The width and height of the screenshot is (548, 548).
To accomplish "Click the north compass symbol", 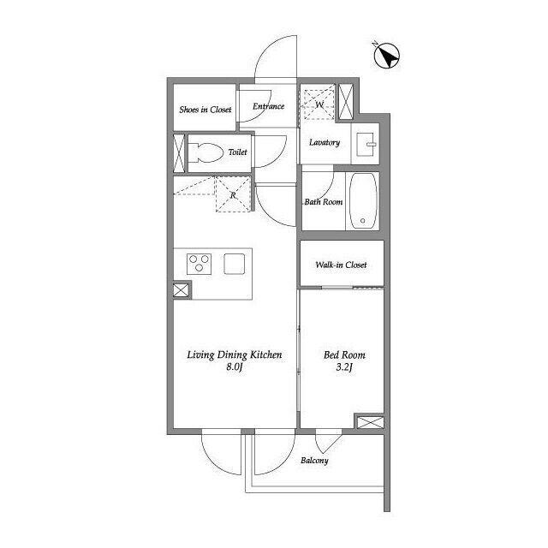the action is (x=386, y=56).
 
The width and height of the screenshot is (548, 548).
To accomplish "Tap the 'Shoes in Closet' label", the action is (x=205, y=110).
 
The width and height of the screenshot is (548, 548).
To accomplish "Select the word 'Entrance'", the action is (x=268, y=106).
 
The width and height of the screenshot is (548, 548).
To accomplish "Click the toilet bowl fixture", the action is (x=207, y=152).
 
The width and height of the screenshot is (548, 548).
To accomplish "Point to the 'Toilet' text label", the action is (x=238, y=152).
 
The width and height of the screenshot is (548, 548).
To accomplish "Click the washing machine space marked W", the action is (x=319, y=104).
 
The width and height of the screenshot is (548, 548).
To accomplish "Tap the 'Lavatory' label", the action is (x=325, y=143).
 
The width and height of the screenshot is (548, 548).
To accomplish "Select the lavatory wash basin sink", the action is (x=366, y=144).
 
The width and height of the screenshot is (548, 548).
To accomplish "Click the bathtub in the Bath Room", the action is (x=363, y=200).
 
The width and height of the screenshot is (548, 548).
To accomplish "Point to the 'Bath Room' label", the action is (x=324, y=202).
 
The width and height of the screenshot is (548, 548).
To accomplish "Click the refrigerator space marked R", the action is (x=233, y=194).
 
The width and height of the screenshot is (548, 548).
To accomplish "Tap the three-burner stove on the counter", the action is (x=199, y=264).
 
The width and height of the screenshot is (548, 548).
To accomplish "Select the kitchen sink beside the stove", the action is (x=234, y=264).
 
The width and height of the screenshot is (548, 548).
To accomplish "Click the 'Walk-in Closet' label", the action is (x=341, y=265).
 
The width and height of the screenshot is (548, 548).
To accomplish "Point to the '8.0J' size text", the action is (x=235, y=367).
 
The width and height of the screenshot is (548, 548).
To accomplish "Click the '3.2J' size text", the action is (x=344, y=367).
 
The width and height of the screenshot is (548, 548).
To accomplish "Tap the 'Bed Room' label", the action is (x=344, y=355).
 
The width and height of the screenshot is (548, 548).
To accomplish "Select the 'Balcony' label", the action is (x=314, y=461).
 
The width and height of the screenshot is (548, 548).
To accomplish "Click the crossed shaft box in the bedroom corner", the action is (x=371, y=422).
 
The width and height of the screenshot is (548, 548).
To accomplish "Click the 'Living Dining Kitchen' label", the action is (x=235, y=355).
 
